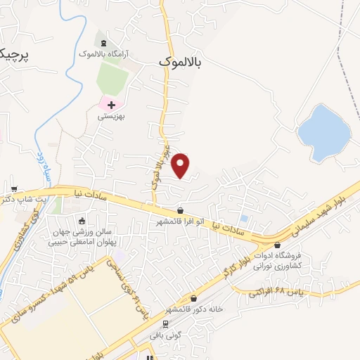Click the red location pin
pos(181,165)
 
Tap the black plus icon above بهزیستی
pos(111,105)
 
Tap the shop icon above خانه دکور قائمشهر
pos(194,298)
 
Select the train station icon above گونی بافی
pos(165,324)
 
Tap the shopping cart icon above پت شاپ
pos(14,189)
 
